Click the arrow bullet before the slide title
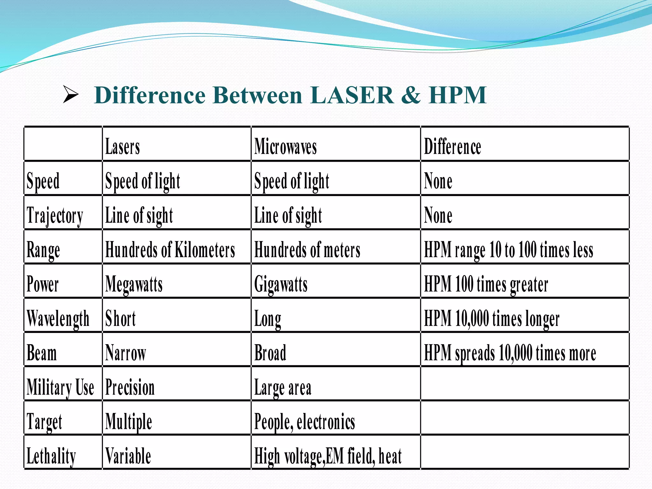[71, 95]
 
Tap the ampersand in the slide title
[411, 95]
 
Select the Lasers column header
[123, 147]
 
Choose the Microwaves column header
[286, 147]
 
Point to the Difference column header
[452, 147]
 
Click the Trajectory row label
[55, 216]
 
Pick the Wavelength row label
[58, 319]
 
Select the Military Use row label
[60, 387]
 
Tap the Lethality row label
[51, 456]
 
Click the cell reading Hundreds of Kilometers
[170, 250]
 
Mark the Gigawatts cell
[281, 284]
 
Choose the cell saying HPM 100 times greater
[486, 284]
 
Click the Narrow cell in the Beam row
[125, 353]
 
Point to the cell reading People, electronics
[304, 422]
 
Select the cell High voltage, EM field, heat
[328, 456]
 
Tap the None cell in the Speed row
[438, 181]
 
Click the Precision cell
[130, 387]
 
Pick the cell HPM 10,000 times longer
[492, 319]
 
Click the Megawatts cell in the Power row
[134, 284]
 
